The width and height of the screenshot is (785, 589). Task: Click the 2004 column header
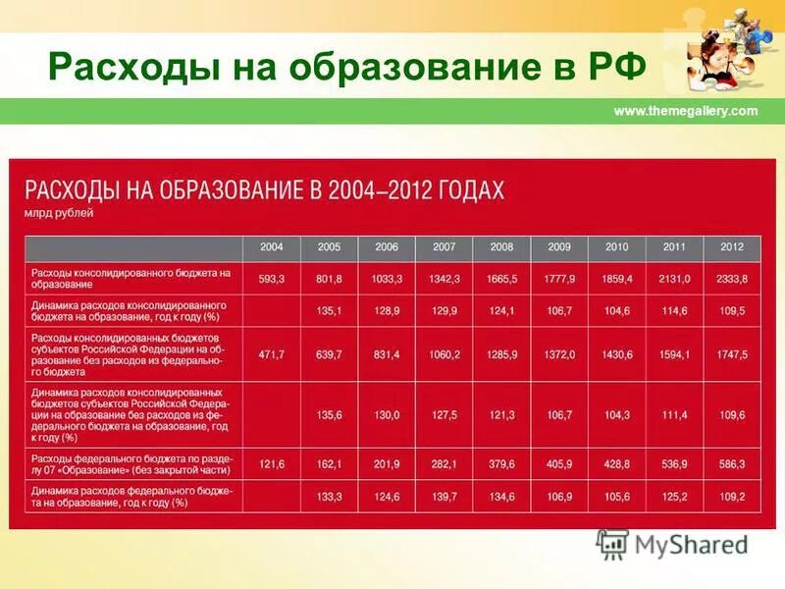tap(272, 247)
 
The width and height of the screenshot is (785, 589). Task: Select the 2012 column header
tap(732, 247)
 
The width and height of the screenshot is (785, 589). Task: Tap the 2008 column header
tap(501, 247)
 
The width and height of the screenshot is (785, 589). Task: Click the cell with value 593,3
tap(272, 279)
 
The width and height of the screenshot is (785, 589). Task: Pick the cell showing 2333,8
tap(732, 279)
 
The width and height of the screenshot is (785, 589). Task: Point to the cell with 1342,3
tap(445, 279)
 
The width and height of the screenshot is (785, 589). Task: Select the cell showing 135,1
tap(330, 311)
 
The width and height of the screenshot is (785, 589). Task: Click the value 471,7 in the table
tap(272, 353)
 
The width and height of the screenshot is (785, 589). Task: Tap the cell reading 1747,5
tap(732, 353)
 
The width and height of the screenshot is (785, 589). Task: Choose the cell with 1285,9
tap(501, 353)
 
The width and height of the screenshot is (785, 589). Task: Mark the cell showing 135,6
tap(330, 415)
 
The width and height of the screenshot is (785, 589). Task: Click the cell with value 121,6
tap(272, 463)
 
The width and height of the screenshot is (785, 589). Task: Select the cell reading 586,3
tap(732, 463)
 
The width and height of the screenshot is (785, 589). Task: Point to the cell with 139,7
tap(445, 497)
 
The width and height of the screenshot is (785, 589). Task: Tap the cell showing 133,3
tap(330, 497)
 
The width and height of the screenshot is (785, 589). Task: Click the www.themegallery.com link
tap(686, 111)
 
